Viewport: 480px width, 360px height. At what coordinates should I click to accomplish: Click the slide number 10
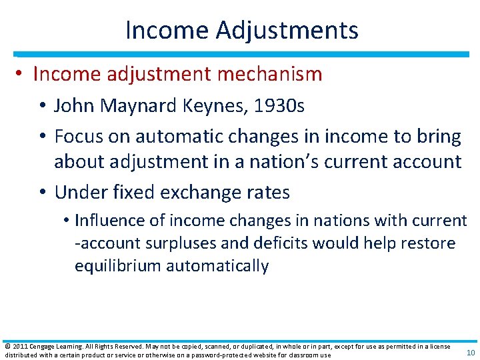(x=471, y=353)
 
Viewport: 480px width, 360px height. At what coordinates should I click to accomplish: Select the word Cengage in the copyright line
(x=43, y=347)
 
